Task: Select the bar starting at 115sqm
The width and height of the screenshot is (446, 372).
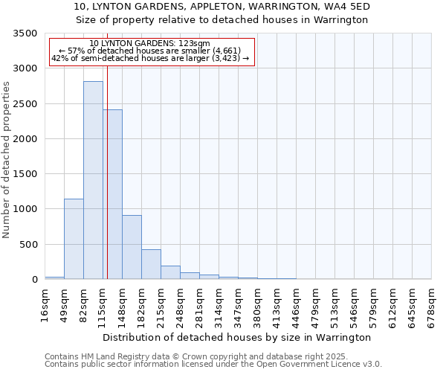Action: coord(113,194)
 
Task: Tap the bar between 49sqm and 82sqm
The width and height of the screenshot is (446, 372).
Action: coord(74,239)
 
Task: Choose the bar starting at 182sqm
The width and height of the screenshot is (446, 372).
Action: coord(151,264)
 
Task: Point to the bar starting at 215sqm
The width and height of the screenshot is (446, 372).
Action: coord(170,272)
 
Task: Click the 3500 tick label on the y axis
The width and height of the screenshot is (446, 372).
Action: coord(25,33)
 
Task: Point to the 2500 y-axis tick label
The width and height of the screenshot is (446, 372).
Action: coord(25,104)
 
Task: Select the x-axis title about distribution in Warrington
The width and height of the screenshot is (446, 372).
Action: coord(238,338)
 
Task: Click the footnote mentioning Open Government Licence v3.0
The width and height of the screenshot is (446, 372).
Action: coord(213,365)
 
